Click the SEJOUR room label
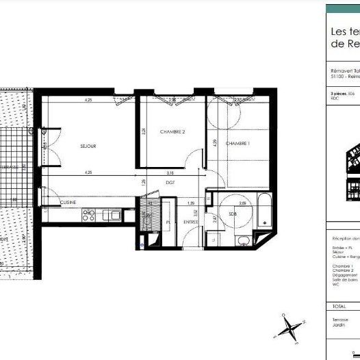click(88, 146)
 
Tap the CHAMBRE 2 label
click(173, 131)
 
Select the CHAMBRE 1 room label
click(237, 143)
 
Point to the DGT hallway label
click(171, 183)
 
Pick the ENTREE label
click(191, 222)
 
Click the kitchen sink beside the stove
click(112, 216)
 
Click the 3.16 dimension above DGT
click(171, 173)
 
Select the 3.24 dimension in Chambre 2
click(143, 131)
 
